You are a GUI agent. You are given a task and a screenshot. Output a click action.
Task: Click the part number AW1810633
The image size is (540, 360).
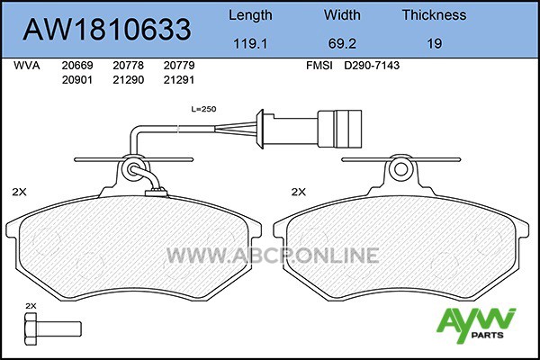[x=107, y=30]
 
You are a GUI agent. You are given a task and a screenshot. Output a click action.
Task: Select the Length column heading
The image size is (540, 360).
[x=250, y=15]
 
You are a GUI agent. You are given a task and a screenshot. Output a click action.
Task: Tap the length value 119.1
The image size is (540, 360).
[x=250, y=44]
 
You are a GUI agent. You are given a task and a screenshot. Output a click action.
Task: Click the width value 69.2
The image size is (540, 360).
[x=342, y=44]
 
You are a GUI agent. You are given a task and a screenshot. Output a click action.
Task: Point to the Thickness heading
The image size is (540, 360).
[x=435, y=14]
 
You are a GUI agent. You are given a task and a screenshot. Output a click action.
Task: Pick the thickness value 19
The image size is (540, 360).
[x=435, y=44]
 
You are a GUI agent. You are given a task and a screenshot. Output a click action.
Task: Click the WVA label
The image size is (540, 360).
[x=26, y=66]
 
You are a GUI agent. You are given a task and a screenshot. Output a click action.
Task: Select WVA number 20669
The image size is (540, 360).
[x=77, y=66]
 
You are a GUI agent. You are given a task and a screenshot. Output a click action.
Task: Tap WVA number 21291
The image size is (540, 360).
[x=179, y=80]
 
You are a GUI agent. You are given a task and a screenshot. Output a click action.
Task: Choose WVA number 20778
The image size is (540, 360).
[x=128, y=66]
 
